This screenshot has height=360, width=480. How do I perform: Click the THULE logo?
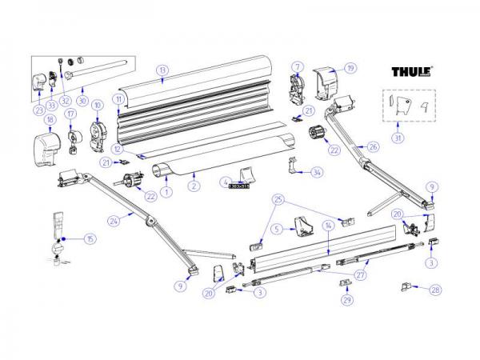412,72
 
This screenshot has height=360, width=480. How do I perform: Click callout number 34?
318,172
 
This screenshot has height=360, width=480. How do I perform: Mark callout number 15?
90,239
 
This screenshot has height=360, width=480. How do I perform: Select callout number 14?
327,228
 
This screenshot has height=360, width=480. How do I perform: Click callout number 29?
346,300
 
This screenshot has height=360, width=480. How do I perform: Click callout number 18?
49,120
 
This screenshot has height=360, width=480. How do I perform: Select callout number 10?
98,105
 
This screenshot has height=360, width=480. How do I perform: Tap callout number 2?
193,186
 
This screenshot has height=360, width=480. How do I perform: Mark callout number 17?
70,114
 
